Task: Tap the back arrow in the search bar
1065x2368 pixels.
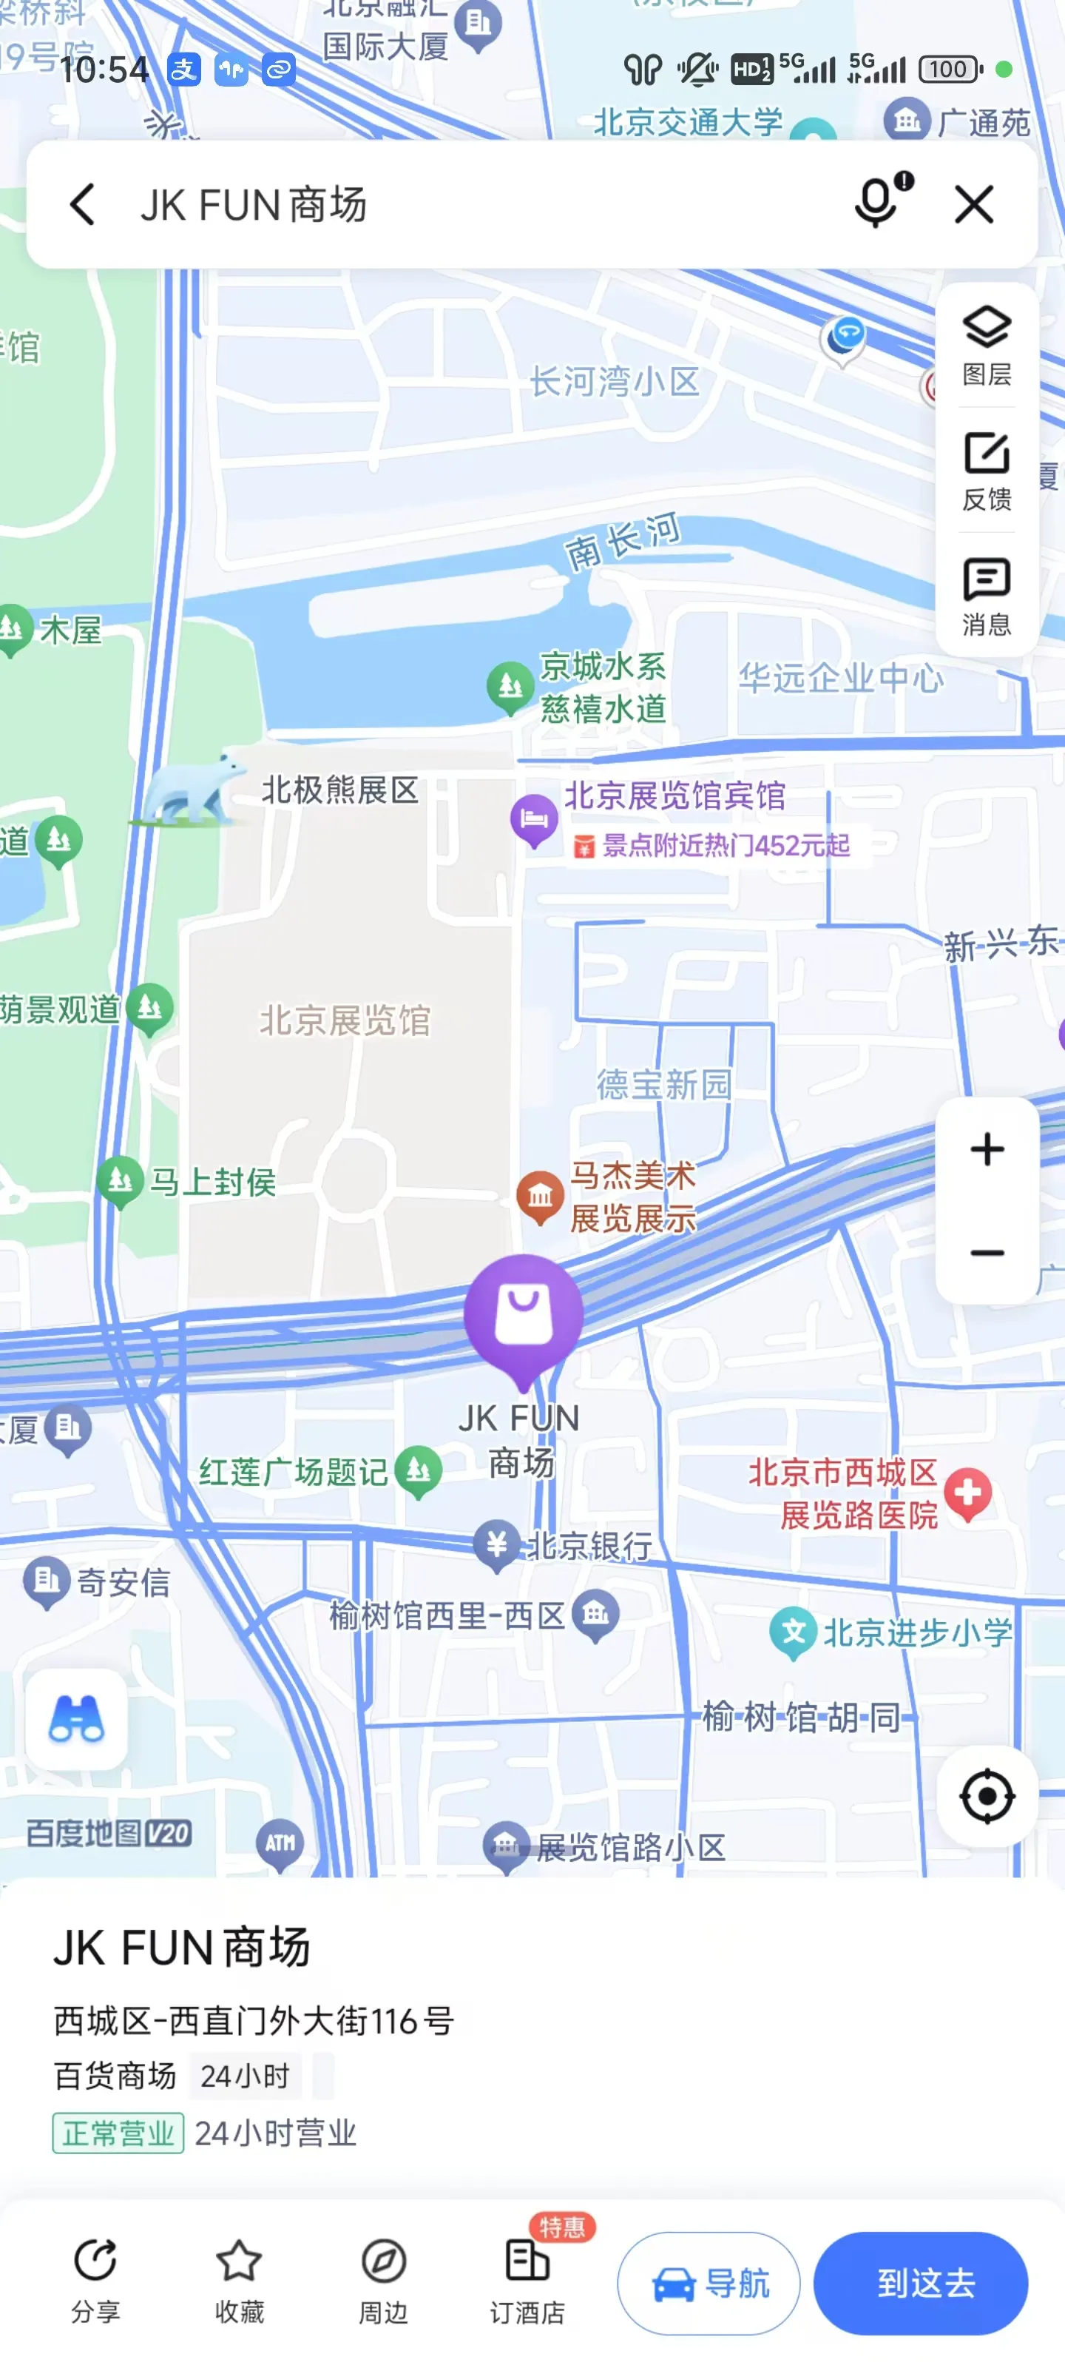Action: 83,204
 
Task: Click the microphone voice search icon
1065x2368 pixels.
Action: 878,202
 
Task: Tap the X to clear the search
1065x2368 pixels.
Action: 974,204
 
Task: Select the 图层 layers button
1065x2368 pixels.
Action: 987,346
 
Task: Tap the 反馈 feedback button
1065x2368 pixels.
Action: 987,471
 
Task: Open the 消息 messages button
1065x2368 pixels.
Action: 987,596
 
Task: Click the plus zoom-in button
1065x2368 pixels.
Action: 987,1149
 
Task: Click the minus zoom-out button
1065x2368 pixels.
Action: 987,1253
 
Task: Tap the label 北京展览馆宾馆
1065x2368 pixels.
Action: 674,796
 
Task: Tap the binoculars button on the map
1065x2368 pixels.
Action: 76,1719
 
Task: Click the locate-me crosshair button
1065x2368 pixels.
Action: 987,1795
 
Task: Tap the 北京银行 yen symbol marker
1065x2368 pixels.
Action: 497,1542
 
